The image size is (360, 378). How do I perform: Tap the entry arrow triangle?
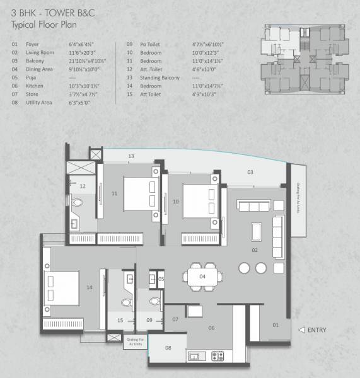pyautogui.click(x=302, y=329)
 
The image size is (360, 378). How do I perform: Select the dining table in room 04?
pyautogui.click(x=203, y=277)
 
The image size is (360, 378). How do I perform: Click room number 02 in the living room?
pyautogui.click(x=255, y=250)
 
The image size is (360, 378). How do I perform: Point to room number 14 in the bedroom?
pyautogui.click(x=90, y=287)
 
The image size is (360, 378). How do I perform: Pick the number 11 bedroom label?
pyautogui.click(x=114, y=193)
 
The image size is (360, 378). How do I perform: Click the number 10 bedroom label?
pyautogui.click(x=176, y=202)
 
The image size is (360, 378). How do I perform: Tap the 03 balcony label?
pyautogui.click(x=250, y=171)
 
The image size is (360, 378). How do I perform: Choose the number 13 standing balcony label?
pyautogui.click(x=131, y=156)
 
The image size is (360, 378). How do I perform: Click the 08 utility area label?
pyautogui.click(x=168, y=347)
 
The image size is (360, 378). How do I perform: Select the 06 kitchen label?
pyautogui.click(x=211, y=328)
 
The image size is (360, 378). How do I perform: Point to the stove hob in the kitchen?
pyautogui.click(x=218, y=357)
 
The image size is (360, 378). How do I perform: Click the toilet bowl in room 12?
pyautogui.click(x=76, y=203)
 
